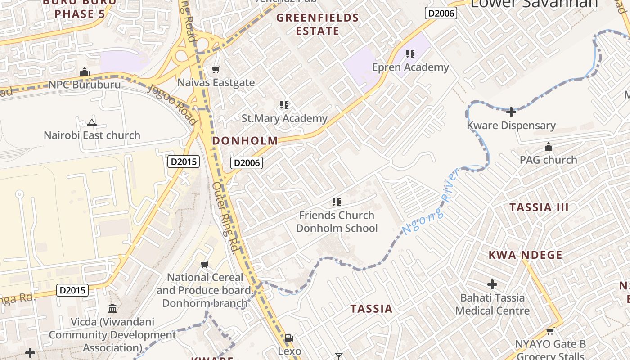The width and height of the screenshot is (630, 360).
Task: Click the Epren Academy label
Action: point(410,67)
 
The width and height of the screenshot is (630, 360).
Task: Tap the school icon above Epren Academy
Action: point(410,54)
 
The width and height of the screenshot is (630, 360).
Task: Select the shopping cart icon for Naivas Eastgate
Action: point(216,69)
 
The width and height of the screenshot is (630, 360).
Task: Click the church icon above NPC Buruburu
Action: point(85,72)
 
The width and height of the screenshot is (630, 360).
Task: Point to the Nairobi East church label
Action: point(92,135)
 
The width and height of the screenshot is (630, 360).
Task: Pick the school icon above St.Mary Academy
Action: point(284,105)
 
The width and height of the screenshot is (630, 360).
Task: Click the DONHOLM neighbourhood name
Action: point(245,141)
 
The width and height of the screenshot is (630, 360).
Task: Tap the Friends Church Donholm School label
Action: point(337,222)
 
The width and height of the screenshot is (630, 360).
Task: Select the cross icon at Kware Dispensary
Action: point(511,112)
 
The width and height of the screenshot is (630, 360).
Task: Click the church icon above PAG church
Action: point(548,147)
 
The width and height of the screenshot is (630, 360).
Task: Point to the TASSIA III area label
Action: point(539,207)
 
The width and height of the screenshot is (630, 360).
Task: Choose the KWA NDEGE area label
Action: point(526,255)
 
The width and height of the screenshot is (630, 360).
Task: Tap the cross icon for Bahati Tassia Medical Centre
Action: point(492,284)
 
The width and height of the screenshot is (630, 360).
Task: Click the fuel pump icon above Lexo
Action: point(289,337)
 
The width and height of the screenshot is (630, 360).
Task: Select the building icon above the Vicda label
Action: point(112,309)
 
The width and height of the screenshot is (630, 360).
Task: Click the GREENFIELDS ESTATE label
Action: point(318,25)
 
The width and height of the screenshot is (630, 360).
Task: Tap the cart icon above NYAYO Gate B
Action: point(550,331)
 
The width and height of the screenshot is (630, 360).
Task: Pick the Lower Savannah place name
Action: point(534,4)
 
